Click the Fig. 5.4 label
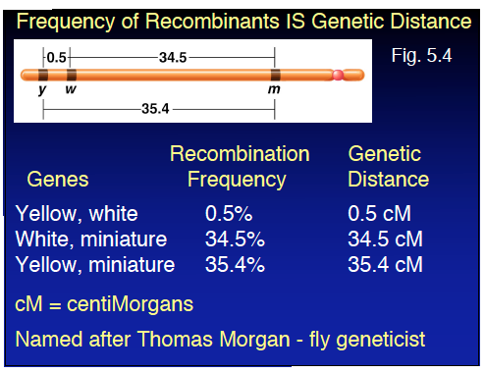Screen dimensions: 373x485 (x=421, y=56)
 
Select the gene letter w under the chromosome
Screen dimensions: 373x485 (x=71, y=90)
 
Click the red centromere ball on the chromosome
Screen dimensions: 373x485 (x=339, y=75)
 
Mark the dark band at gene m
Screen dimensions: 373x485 (x=276, y=75)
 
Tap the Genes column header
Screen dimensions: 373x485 (x=57, y=180)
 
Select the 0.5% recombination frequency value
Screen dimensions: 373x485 (x=226, y=213)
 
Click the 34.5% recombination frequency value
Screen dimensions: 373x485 (x=233, y=239)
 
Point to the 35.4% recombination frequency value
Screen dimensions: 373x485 (x=233, y=264)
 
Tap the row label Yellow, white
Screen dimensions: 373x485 (x=78, y=213)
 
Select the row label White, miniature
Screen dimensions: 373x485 (x=91, y=239)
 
